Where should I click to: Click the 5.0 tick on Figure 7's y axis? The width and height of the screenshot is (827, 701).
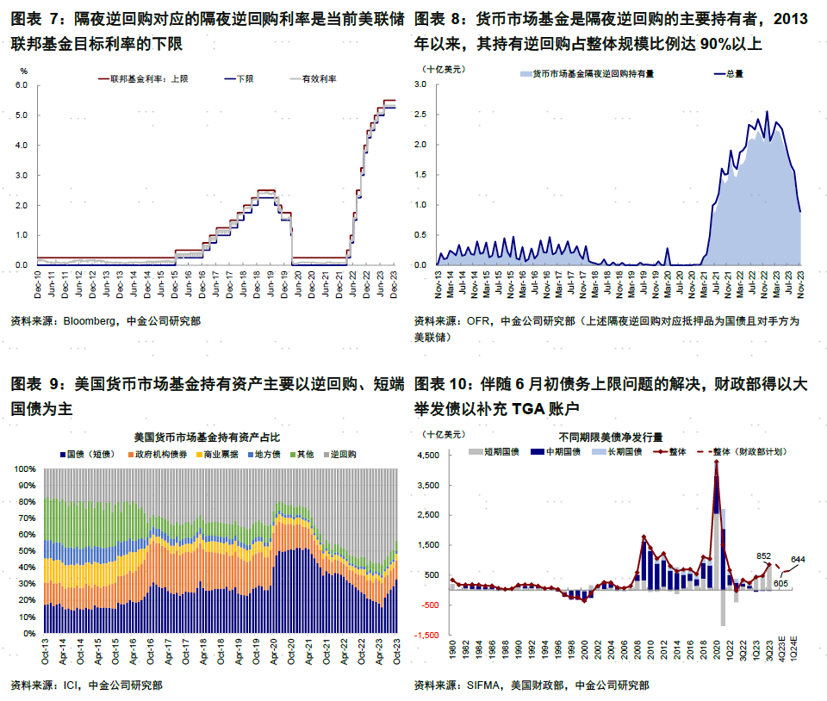(22, 115)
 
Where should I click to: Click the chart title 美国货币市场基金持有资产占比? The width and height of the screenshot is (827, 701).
(206, 437)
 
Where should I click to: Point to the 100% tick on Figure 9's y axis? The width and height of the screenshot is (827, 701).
(24, 469)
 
